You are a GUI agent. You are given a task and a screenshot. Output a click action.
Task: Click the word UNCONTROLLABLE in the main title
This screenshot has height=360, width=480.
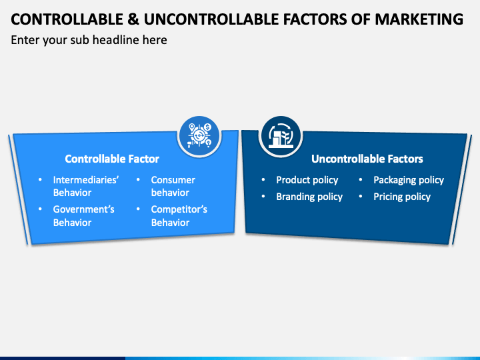coord(193,19)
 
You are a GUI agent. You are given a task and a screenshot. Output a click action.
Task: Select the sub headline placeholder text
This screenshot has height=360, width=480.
coord(89,40)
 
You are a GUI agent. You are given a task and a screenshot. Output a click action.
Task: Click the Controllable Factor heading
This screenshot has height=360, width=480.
coord(112,159)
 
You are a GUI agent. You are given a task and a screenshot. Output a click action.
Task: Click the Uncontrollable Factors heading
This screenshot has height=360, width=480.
coord(367,159)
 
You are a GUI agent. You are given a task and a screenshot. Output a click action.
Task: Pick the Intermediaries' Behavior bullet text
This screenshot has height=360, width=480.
coord(86,186)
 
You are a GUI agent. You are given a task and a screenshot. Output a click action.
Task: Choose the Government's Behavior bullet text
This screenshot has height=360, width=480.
coord(84,215)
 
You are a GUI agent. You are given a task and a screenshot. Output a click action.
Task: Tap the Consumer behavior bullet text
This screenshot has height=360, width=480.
coord(173,186)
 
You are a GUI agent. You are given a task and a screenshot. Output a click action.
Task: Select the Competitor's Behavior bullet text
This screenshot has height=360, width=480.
coord(179,215)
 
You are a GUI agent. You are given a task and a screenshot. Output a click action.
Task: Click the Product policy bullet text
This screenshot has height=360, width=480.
coord(307,180)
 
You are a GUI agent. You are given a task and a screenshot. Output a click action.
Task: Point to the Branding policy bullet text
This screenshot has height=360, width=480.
coord(309,197)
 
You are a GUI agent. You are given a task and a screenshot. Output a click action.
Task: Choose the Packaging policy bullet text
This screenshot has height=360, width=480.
coord(408,180)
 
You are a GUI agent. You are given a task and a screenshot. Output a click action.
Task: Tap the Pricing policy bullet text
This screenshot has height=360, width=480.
coord(402,197)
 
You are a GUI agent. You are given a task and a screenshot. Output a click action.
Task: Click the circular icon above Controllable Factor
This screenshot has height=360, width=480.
coord(199,135)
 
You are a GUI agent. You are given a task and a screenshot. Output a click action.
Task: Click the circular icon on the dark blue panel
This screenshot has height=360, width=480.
coord(280,135)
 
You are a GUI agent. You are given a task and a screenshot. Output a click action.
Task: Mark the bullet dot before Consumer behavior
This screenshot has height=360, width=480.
coord(138,180)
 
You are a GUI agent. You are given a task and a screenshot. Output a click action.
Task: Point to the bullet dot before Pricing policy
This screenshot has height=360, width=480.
coord(361,197)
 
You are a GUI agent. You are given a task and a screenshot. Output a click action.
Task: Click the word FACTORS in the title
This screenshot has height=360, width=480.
coord(314,19)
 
